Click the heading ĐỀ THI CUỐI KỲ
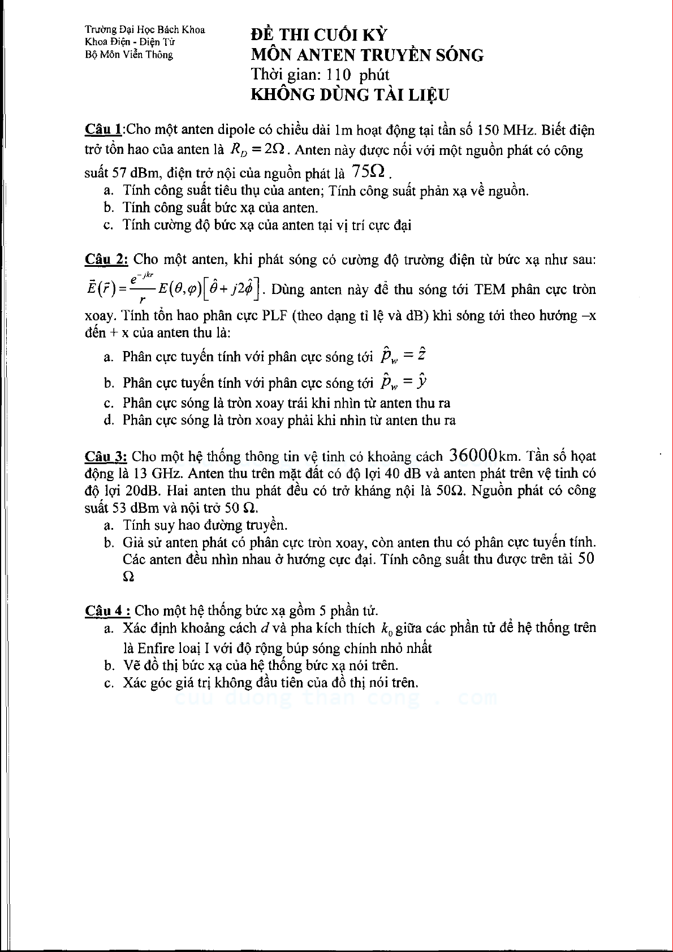click(319, 35)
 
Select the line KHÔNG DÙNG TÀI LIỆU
click(350, 94)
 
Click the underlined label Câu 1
click(103, 129)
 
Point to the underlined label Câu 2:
click(107, 259)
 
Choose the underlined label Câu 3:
click(107, 456)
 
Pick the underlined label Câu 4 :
click(108, 611)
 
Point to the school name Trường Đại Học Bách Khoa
click(145, 30)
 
